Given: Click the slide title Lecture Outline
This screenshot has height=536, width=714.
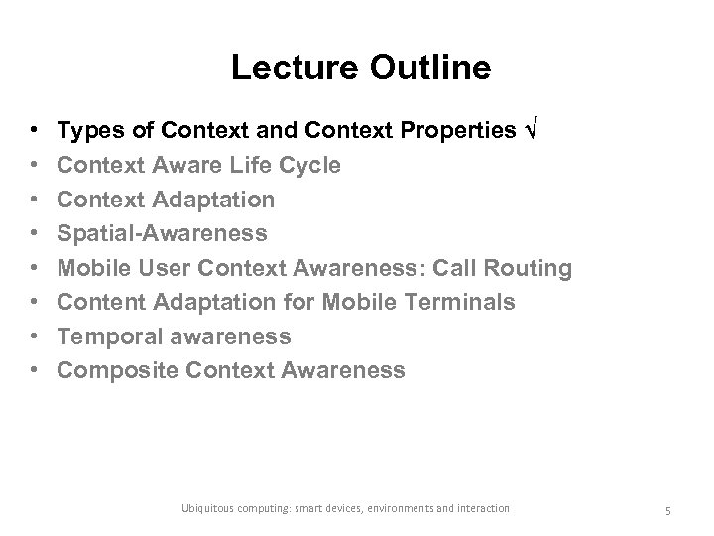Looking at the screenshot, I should click(x=360, y=67).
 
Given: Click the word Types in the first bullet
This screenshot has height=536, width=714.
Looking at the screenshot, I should click(x=85, y=131).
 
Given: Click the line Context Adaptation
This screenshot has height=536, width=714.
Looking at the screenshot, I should click(x=166, y=200).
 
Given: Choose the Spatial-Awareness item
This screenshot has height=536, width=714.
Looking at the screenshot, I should click(x=162, y=233).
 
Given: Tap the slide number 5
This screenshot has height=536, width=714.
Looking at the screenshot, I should click(x=667, y=509).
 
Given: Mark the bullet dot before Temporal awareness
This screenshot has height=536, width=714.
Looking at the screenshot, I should click(x=34, y=337).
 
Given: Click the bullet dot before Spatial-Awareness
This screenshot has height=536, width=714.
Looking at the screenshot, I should click(x=34, y=234).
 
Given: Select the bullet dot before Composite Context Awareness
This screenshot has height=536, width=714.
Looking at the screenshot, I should click(x=34, y=372).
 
